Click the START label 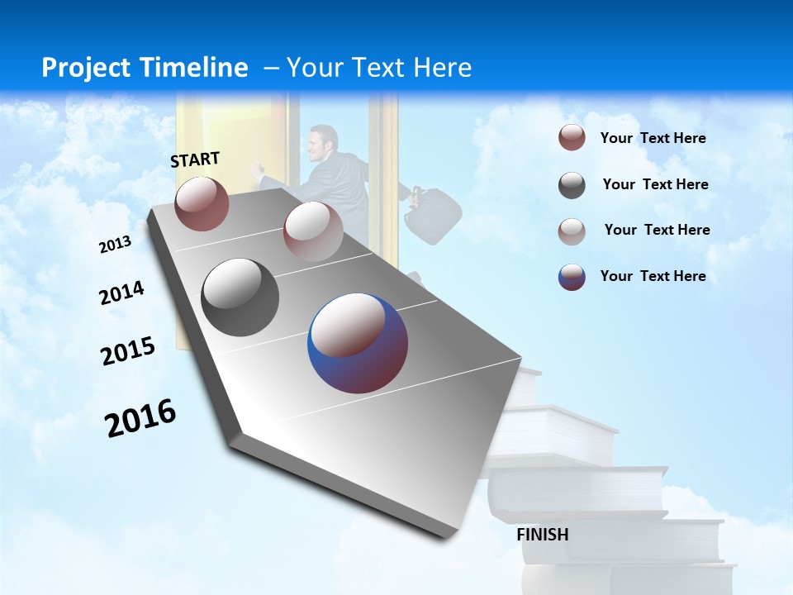click(x=195, y=159)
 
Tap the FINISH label click(x=542, y=535)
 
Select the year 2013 click(x=115, y=245)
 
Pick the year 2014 click(x=121, y=293)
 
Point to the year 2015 click(x=127, y=351)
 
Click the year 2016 click(x=140, y=418)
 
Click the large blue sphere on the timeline click(x=358, y=343)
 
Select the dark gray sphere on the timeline click(x=240, y=297)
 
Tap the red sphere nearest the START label click(x=202, y=204)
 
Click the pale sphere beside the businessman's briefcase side click(x=313, y=231)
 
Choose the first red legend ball click(x=572, y=138)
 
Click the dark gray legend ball click(x=572, y=185)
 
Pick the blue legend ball click(x=572, y=277)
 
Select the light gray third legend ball click(x=572, y=231)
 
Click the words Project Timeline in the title click(x=145, y=68)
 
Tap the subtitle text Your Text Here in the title click(x=378, y=68)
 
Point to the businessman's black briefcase click(x=432, y=217)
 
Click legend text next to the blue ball click(x=653, y=276)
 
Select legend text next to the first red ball click(x=653, y=138)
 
